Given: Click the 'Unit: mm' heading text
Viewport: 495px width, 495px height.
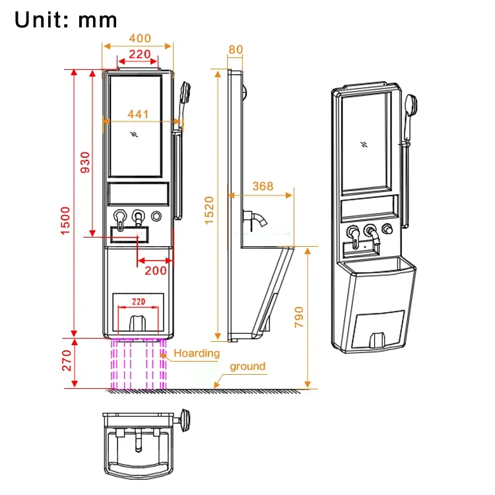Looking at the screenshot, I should (x=66, y=19).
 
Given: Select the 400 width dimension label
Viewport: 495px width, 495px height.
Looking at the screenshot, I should (x=139, y=39).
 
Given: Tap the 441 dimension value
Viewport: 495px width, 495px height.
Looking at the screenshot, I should (x=139, y=114).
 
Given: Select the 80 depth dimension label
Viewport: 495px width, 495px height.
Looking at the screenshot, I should (x=236, y=49).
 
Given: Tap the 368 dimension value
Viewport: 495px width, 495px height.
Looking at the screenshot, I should (x=262, y=187).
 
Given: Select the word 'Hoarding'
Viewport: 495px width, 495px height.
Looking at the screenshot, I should (x=197, y=353).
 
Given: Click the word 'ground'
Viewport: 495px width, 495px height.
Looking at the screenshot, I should (x=247, y=366).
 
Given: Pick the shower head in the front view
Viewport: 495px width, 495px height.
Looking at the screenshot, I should (x=185, y=90).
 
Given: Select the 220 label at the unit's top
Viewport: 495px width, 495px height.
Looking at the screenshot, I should (x=139, y=55).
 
